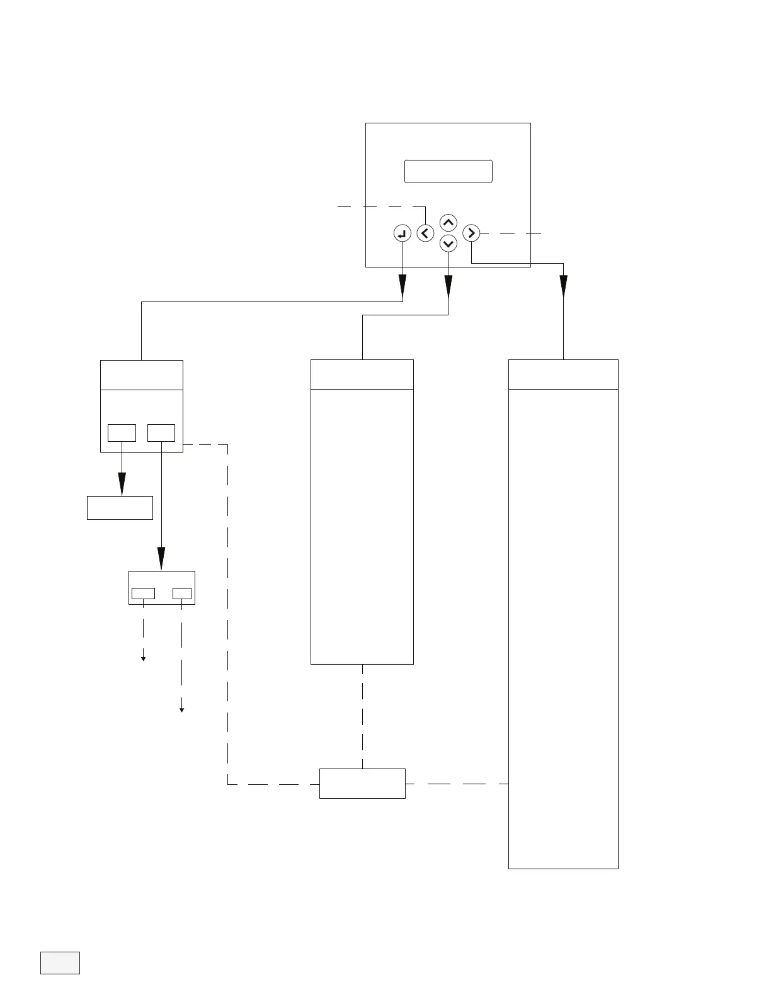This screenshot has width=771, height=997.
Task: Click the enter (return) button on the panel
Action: (x=402, y=234)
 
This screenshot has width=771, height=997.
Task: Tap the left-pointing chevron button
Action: (x=426, y=234)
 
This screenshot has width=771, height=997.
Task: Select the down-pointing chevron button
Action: (x=448, y=243)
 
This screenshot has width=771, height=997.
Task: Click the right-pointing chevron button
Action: (x=471, y=234)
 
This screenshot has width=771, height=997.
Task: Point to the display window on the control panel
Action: (x=448, y=171)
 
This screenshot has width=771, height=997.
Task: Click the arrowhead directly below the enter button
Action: (x=403, y=288)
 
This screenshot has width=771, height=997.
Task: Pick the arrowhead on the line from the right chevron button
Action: (x=563, y=286)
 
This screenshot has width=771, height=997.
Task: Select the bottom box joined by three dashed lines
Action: (x=362, y=784)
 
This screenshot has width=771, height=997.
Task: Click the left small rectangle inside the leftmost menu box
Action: (x=122, y=433)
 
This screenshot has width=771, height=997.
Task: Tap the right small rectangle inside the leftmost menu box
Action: (x=161, y=433)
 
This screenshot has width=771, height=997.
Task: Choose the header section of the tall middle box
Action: (x=362, y=375)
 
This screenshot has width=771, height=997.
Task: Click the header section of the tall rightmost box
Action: (x=563, y=375)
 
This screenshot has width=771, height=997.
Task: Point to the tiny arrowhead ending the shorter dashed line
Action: (x=144, y=658)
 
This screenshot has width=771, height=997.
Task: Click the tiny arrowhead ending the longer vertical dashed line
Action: (x=182, y=710)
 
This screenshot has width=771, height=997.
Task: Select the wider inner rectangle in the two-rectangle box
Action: (x=143, y=594)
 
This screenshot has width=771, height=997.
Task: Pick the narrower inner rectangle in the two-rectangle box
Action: (x=182, y=594)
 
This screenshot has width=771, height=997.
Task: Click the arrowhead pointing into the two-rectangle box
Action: (x=161, y=559)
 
